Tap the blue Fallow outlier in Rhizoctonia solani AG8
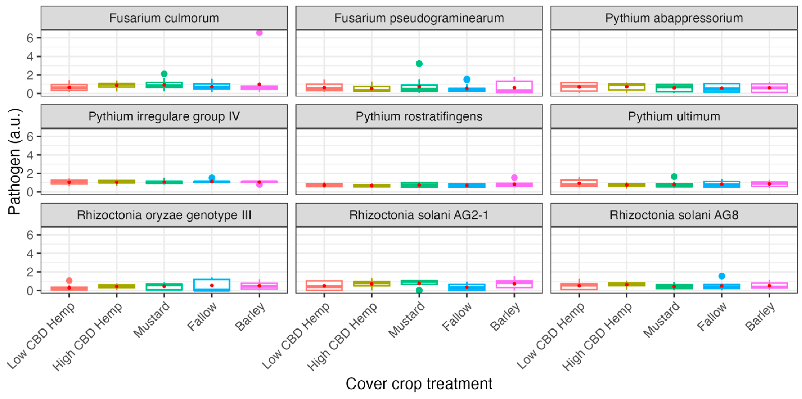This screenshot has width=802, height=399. (x=722, y=276)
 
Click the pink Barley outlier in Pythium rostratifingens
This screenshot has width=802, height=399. (x=514, y=177)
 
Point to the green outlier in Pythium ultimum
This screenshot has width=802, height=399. (x=674, y=177)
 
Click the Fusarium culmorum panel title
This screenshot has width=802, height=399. (x=164, y=18)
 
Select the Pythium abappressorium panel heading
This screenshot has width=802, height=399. (x=674, y=18)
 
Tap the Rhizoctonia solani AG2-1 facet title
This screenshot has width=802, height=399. (x=419, y=215)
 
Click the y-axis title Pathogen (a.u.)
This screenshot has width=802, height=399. (x=14, y=161)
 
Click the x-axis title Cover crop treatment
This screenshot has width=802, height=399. (x=419, y=383)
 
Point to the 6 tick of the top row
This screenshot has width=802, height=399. (x=30, y=38)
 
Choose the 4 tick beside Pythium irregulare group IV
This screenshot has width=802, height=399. (x=30, y=155)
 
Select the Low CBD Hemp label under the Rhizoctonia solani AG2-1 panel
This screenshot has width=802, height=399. (x=296, y=336)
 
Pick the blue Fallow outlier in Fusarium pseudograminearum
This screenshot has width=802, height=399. (x=467, y=79)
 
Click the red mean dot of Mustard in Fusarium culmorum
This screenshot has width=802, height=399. (x=164, y=85)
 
